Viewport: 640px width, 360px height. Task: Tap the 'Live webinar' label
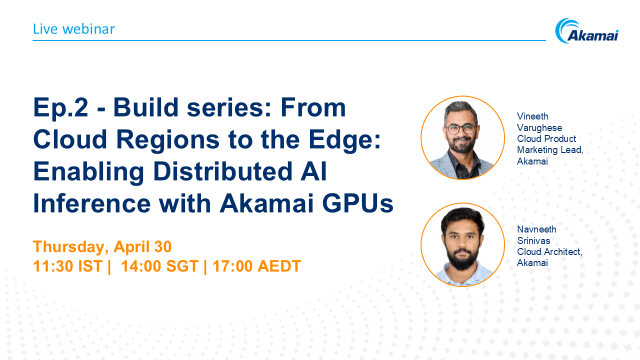[73, 28]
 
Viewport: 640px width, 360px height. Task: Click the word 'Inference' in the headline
[87, 203]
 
